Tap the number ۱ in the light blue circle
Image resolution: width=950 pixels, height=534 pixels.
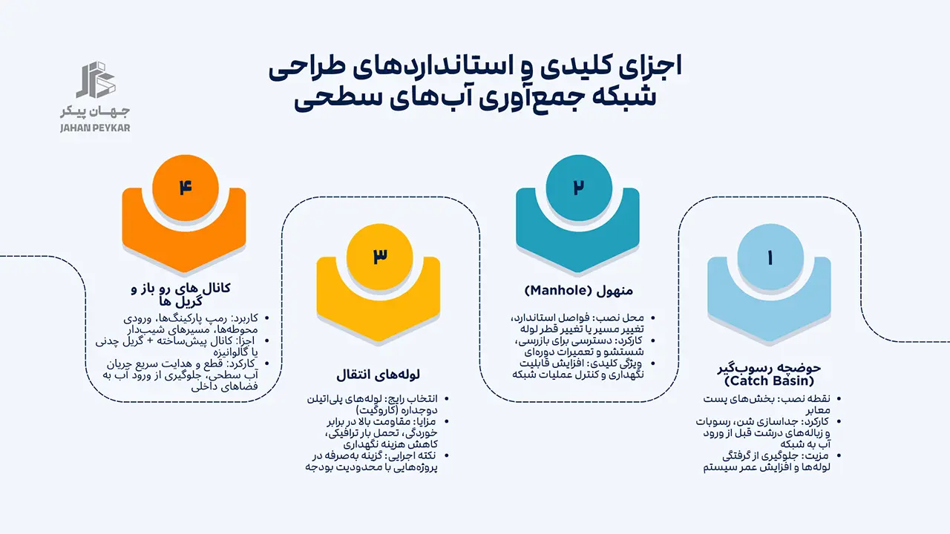770,257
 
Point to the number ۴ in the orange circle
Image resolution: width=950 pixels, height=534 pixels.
184,186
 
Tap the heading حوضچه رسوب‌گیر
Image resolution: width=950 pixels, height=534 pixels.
770,368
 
